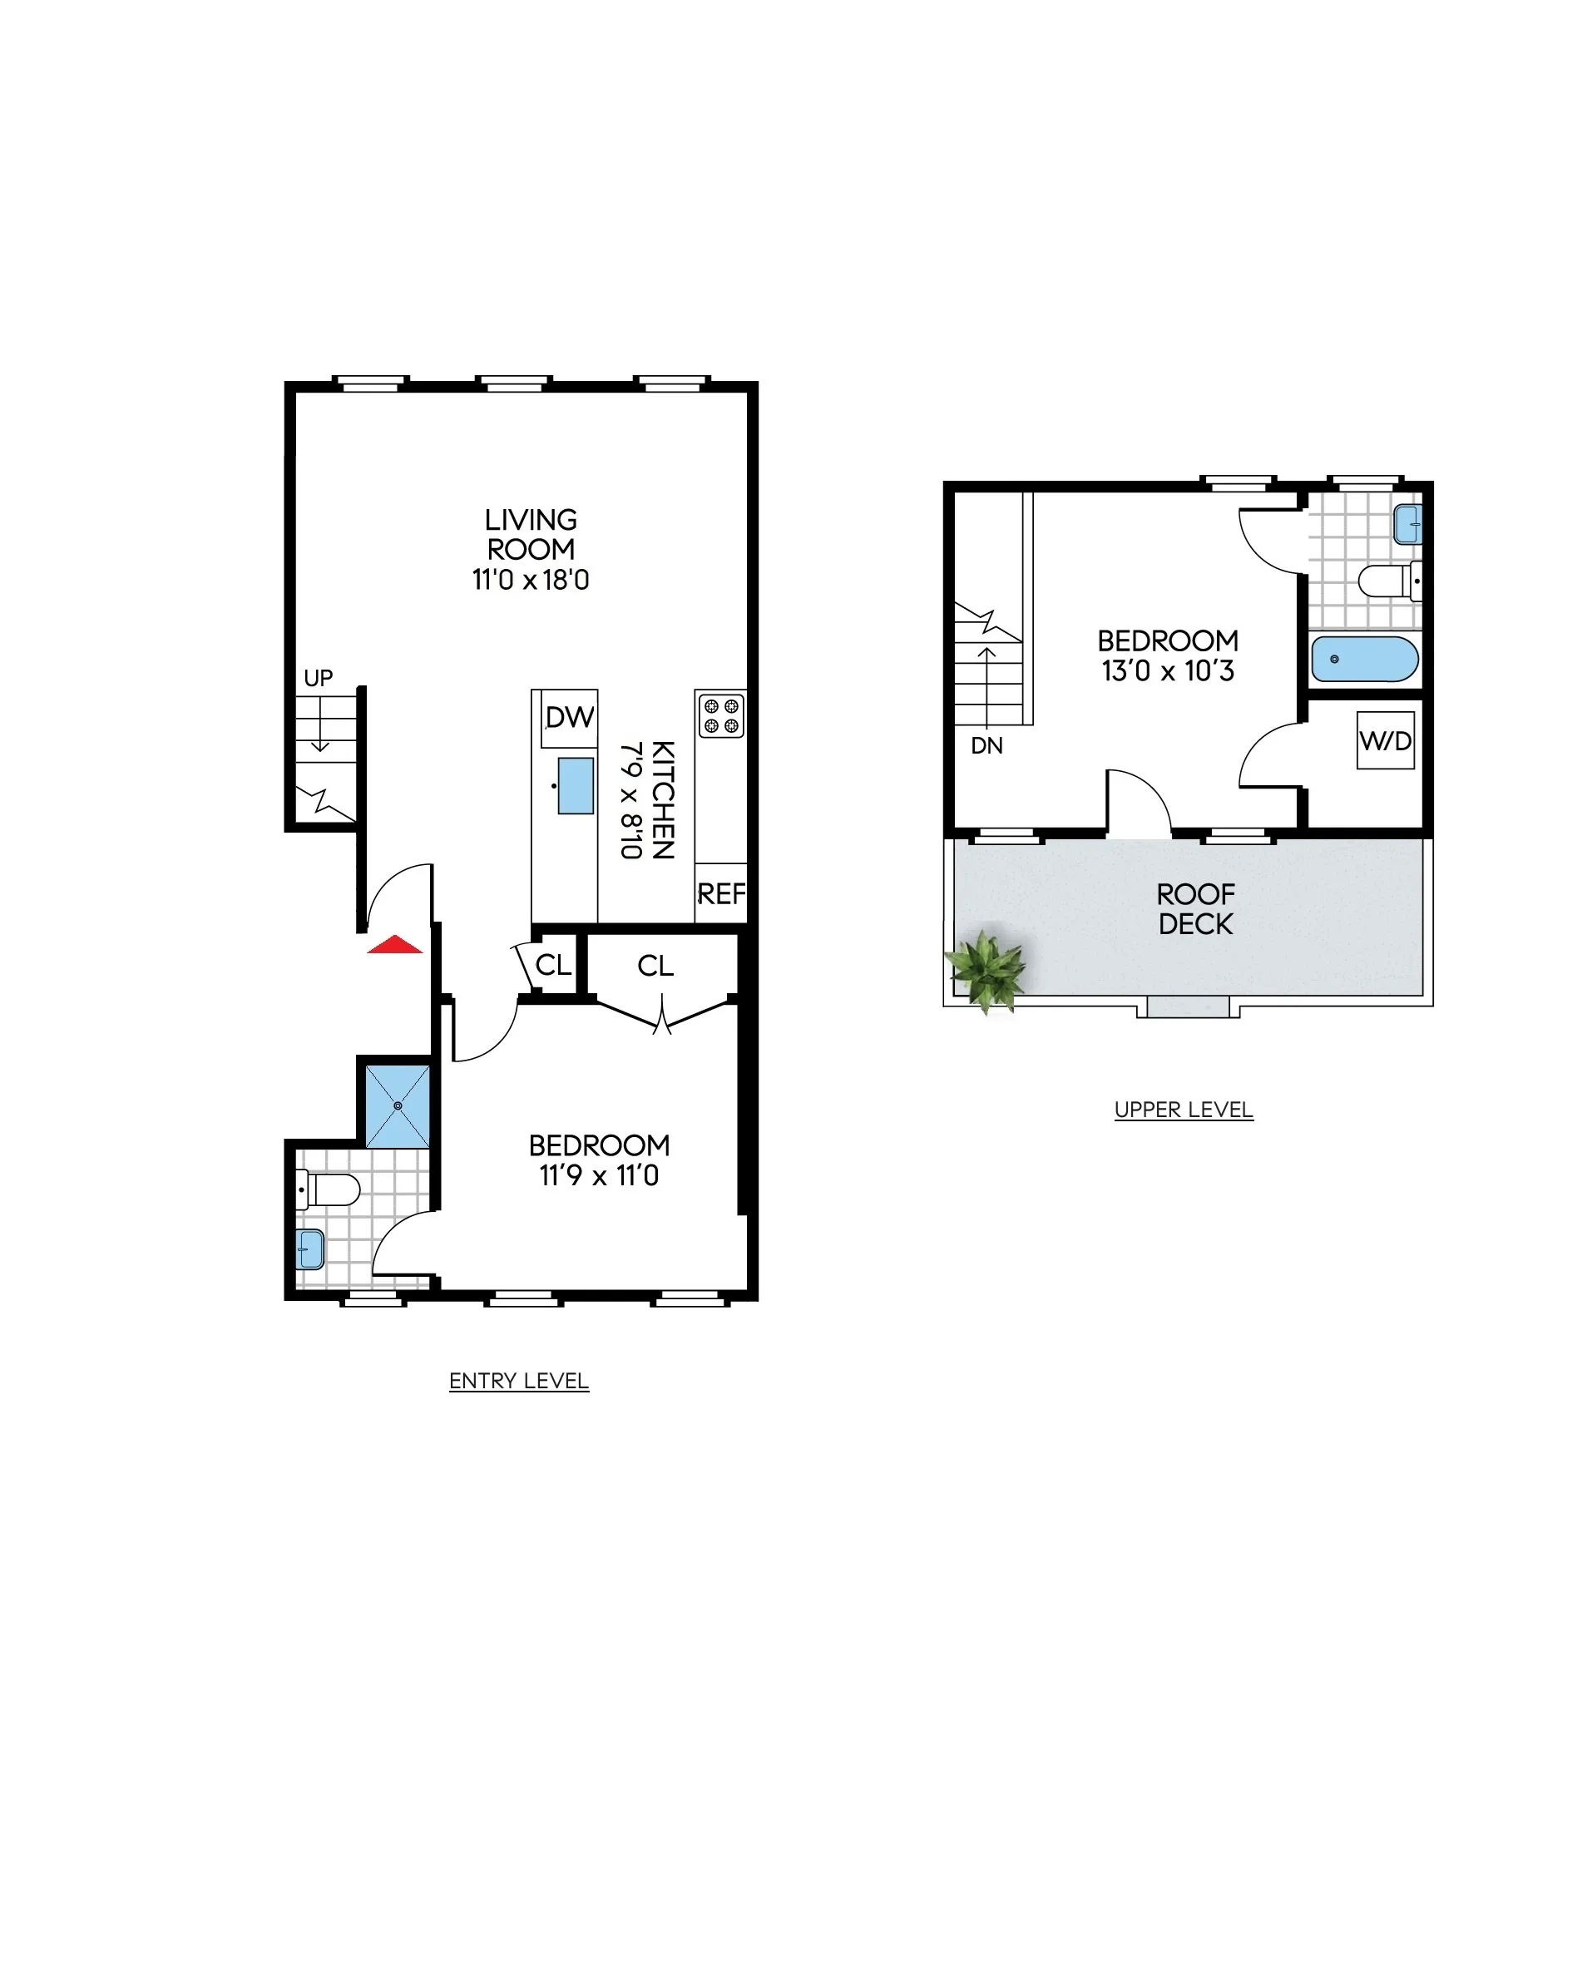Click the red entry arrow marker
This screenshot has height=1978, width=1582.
[394, 945]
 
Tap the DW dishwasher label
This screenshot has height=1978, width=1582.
[569, 718]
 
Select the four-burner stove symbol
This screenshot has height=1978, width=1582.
[720, 716]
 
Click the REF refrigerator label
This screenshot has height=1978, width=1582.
[721, 893]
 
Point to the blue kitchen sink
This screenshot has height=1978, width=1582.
[576, 785]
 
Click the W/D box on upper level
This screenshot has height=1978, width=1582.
[1386, 740]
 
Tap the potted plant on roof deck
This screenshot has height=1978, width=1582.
[986, 970]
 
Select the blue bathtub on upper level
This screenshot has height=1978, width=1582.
[1365, 659]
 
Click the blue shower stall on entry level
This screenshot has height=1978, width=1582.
[398, 1105]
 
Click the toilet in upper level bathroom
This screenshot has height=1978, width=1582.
[1388, 581]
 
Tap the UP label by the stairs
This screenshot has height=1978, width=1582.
[318, 678]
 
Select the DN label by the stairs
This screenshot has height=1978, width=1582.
[986, 746]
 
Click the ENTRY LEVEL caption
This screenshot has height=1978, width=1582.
[518, 1381]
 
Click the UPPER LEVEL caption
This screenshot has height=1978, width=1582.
[1183, 1110]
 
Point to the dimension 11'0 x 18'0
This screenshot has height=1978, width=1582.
[531, 580]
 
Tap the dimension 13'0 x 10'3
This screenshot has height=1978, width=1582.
[1167, 670]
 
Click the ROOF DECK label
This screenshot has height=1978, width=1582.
[1196, 909]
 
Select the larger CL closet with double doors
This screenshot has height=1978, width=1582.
[655, 965]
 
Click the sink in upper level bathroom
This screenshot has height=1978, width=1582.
[1406, 524]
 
